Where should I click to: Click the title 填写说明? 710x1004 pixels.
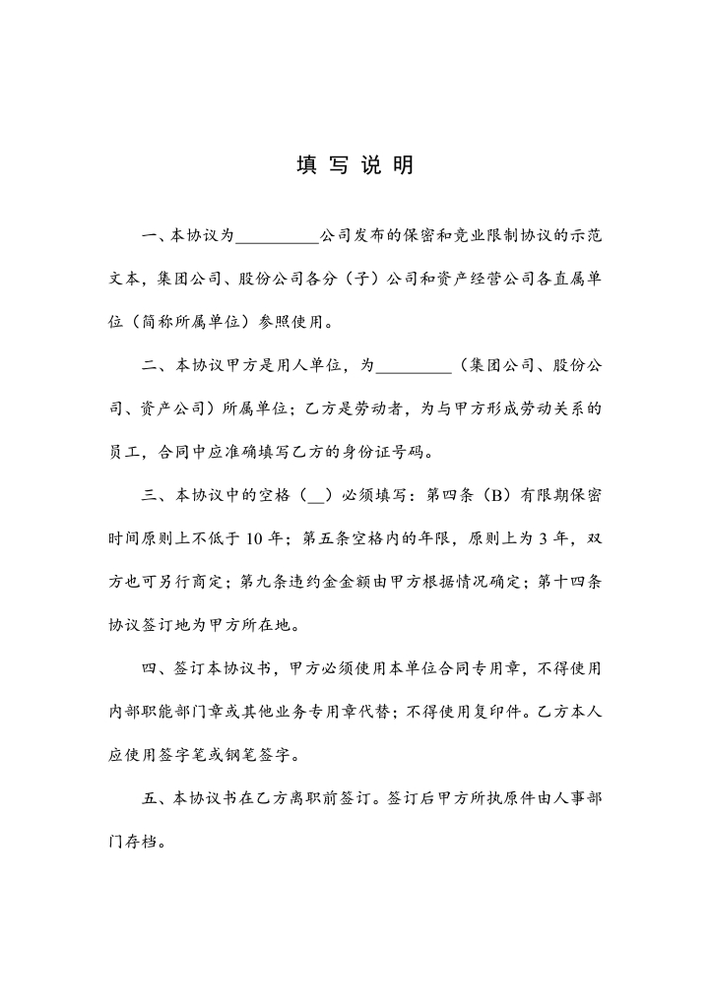tap(355, 165)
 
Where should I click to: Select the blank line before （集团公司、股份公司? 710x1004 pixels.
tap(416, 366)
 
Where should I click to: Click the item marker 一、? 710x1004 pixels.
tap(157, 236)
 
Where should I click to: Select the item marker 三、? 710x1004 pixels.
tap(157, 495)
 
